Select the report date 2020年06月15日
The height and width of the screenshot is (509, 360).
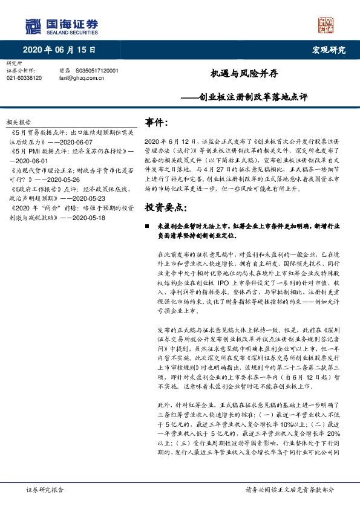point(59,50)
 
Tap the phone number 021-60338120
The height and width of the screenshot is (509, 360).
point(24,78)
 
